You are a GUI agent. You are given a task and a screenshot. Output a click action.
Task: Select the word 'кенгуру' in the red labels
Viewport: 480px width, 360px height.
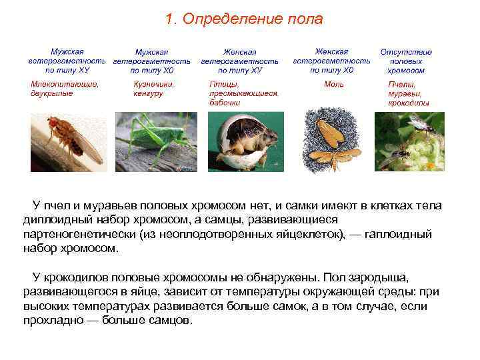pos(148,94)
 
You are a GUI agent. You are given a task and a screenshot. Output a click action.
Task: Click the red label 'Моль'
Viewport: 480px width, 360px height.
pos(333,85)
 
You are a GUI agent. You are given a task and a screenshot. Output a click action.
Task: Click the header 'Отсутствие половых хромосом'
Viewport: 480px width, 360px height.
pos(406,61)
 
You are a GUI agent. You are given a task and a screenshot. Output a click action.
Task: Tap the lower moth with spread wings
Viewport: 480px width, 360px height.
pos(335,156)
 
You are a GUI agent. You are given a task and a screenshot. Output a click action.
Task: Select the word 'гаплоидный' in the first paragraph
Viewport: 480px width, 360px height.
pos(399,235)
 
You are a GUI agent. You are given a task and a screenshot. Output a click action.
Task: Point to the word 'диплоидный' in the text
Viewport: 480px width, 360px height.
pos(55,221)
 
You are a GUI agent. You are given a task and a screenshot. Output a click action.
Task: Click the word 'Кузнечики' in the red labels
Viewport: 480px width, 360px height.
pos(154,84)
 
